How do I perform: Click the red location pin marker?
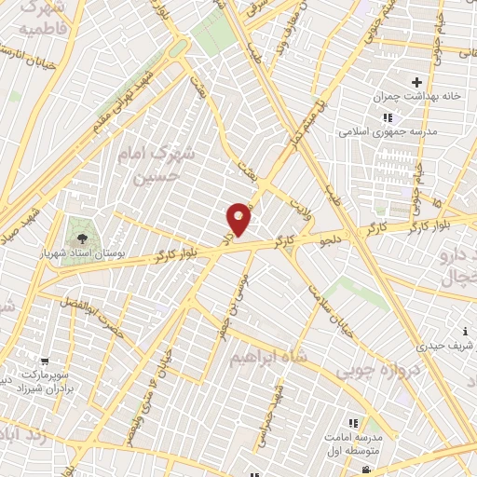[x=239, y=219]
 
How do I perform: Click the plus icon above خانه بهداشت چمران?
[x=417, y=84]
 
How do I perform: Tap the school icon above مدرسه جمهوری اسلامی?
[x=388, y=117]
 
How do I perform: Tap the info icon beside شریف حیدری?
[x=464, y=331]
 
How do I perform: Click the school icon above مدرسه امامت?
[x=352, y=422]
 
